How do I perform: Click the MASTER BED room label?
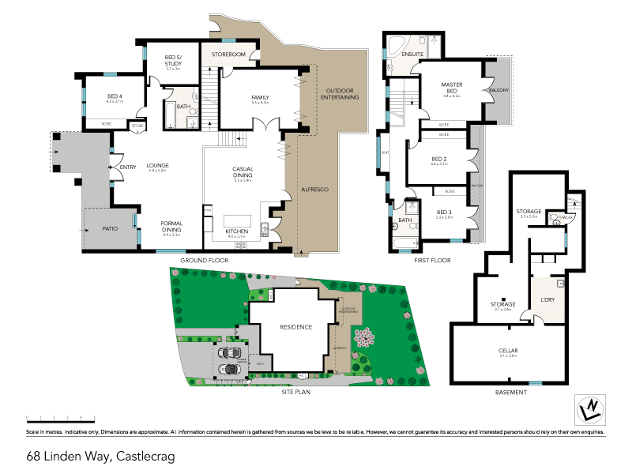452,88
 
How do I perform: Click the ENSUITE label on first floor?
412,55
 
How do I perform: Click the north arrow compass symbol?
588,408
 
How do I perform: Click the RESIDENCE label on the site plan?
295,327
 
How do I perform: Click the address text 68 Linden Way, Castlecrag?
100,456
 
